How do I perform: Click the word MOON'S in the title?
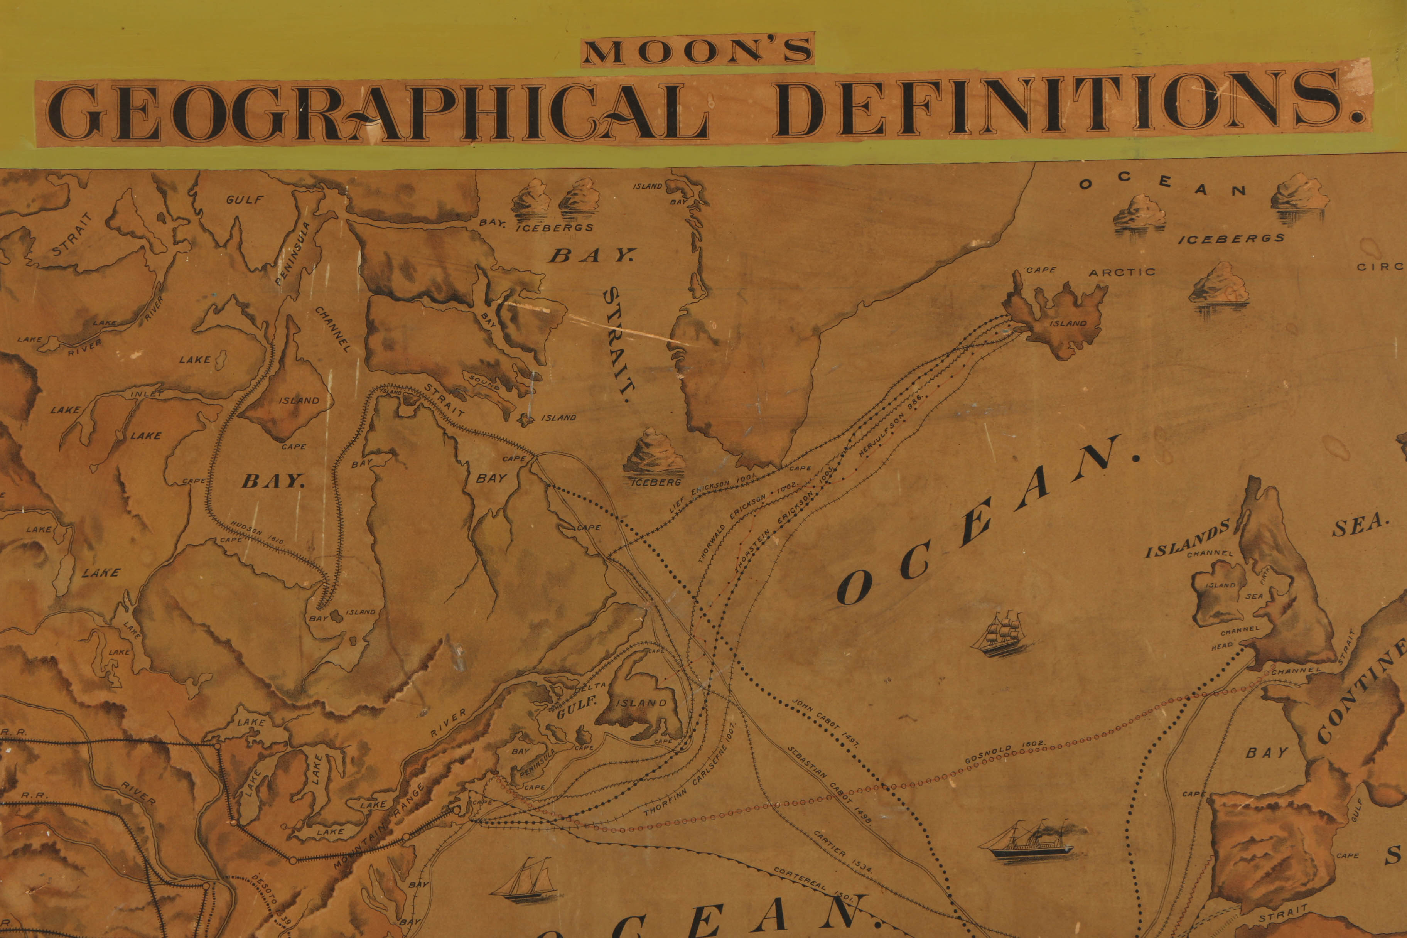tap(697, 51)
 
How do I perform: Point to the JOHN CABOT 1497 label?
tap(825, 723)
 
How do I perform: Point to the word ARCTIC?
tap(1122, 273)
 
